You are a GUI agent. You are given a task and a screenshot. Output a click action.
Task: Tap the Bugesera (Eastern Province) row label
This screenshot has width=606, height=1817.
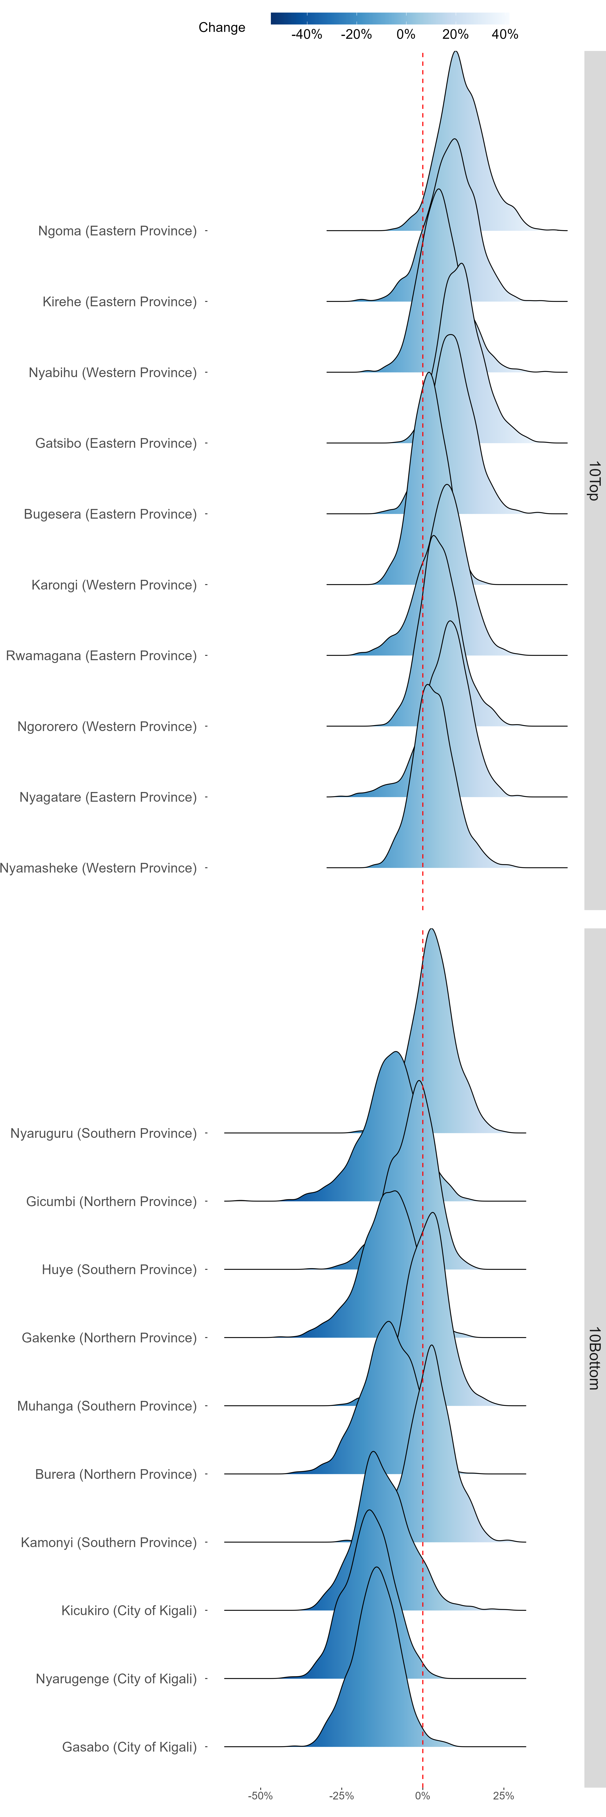110,514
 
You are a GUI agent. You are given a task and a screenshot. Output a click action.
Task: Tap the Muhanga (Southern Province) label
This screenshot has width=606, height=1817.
106,1406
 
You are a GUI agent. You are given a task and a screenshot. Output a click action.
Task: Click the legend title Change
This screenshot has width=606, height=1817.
222,27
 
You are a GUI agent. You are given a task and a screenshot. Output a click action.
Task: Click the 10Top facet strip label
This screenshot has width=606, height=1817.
594,481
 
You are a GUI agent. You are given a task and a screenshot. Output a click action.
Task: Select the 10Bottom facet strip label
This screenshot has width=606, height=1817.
594,1358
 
